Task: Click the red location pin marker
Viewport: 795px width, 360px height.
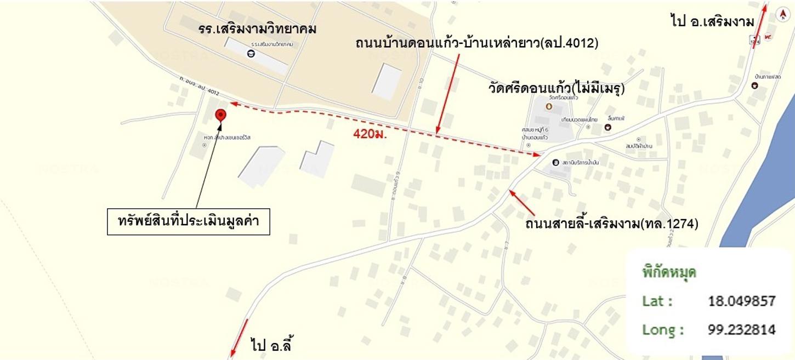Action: pos(221,115)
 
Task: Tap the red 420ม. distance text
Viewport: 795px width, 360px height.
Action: pos(370,134)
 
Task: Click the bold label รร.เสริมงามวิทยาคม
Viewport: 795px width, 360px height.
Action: pos(258,29)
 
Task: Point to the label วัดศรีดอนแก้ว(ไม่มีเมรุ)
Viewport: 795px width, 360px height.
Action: pos(556,88)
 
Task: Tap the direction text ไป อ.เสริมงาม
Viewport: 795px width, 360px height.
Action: pos(712,21)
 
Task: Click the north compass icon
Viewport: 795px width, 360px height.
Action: pos(782,15)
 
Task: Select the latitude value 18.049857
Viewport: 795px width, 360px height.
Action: pos(741,301)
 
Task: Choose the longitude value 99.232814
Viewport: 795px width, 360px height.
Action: pos(741,330)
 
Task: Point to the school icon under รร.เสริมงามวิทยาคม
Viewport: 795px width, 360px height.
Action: pos(251,54)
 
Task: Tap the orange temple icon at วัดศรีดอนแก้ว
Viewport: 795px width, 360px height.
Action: pos(549,105)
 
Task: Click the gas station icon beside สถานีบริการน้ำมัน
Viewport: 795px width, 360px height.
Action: pos(555,163)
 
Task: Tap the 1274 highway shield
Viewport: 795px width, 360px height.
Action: pos(756,40)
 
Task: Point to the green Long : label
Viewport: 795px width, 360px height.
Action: pos(663,330)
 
